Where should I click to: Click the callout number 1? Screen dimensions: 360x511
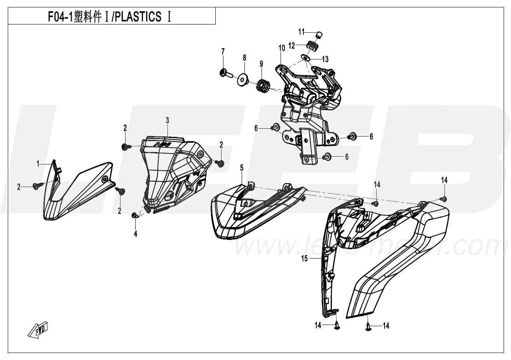[38, 164]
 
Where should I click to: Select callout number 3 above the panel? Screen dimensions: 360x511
[167, 121]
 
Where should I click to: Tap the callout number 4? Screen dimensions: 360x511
[136, 234]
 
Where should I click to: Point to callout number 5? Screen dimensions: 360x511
[242, 168]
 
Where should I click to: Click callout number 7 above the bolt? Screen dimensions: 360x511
[223, 51]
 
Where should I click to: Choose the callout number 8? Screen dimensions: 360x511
[244, 58]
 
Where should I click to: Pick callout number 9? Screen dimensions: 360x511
[262, 63]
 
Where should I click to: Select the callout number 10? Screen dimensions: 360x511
[282, 48]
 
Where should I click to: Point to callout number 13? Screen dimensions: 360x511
[325, 59]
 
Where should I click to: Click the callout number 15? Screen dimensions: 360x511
[304, 258]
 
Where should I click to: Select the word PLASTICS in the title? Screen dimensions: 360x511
[140, 17]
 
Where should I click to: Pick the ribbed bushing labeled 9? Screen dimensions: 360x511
[262, 84]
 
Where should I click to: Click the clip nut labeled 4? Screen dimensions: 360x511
[135, 216]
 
